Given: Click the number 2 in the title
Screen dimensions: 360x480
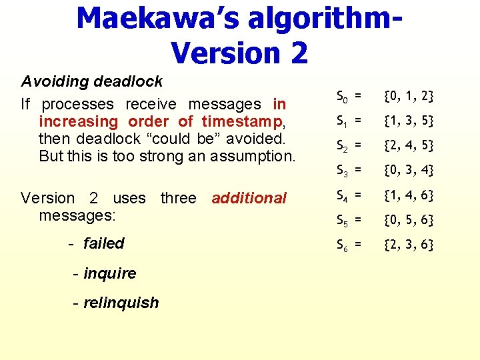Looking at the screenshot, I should [x=294, y=53].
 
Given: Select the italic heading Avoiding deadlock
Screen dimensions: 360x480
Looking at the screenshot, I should [x=92, y=81].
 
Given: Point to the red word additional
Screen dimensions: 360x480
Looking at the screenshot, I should [x=249, y=198].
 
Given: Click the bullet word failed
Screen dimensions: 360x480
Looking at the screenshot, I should [x=104, y=243].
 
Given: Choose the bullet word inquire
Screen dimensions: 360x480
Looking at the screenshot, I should [x=110, y=273].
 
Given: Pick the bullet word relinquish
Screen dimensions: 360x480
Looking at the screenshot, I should [x=121, y=303].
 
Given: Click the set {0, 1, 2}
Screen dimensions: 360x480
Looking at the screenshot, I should [x=409, y=97].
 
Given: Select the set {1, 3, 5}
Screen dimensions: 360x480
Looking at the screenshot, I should [x=409, y=121].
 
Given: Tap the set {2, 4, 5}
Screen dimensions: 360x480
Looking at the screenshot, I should [x=409, y=145].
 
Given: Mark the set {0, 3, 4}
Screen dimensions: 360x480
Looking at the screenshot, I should [x=409, y=171].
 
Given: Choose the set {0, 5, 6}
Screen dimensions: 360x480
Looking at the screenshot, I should [x=409, y=220].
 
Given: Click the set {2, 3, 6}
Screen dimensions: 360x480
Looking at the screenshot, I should [x=409, y=245].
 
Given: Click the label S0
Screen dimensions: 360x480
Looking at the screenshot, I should [x=342, y=97].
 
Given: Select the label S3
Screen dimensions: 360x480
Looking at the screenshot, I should [x=342, y=172].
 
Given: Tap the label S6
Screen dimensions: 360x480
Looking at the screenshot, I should [x=342, y=245].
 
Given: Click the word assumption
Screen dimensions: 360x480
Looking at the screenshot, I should [x=255, y=157].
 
